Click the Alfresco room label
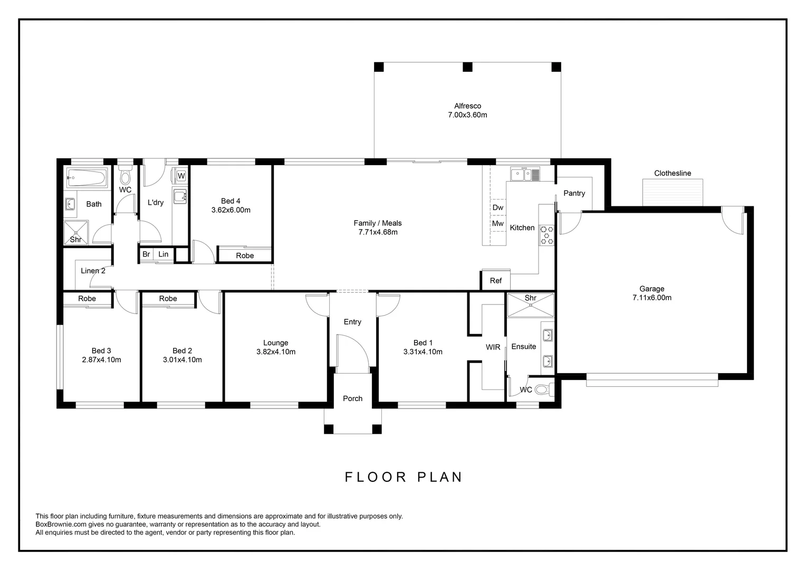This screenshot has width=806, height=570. pos(467,106)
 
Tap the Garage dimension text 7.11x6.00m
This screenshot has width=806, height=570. pos(651,298)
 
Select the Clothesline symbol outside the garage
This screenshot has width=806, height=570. pos(673,192)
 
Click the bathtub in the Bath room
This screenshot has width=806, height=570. pos(87,177)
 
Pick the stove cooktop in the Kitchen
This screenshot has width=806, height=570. pos(547,235)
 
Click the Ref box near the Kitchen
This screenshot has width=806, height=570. pos(496,281)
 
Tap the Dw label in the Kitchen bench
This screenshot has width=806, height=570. pos(498,207)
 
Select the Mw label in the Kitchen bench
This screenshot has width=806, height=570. pos(498,224)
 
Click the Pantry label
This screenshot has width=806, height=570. pos(574,193)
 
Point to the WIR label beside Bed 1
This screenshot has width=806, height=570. pos(493,347)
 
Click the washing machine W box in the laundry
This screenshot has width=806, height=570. pos(181,176)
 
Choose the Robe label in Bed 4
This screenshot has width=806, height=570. pos(245,255)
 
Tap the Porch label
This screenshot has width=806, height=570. pos(353,398)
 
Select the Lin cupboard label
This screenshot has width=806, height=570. pos(164,254)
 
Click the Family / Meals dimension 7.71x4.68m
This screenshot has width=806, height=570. pos(378,232)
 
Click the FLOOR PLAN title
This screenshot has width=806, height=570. pos(404,477)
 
